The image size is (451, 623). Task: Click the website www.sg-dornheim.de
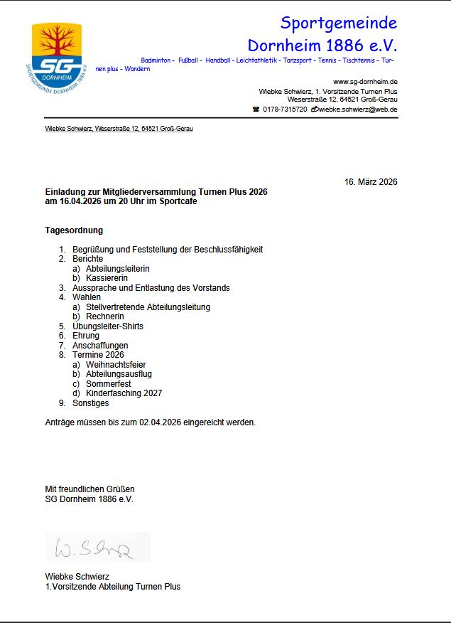365,82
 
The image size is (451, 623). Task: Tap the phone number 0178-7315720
285,110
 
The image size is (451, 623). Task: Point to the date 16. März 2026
371,182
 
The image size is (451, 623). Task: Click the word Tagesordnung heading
74,230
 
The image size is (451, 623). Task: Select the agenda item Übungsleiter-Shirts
107,326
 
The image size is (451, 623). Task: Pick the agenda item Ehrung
86,336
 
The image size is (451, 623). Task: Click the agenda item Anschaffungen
100,346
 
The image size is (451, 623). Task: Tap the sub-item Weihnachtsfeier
116,365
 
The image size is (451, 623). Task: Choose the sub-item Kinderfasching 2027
124,393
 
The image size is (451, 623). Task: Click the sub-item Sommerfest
109,384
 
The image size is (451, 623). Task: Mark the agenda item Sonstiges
91,403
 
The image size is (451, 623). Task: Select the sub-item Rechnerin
105,316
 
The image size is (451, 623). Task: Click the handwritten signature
97,548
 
